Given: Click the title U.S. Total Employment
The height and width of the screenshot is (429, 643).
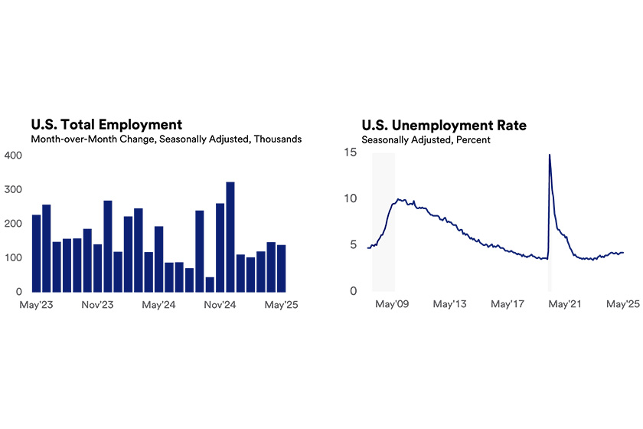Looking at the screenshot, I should pos(106,124).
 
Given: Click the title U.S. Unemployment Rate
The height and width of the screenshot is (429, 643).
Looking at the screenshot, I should pos(444,124).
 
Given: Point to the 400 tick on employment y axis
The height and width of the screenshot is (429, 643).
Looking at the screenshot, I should pos(15,155).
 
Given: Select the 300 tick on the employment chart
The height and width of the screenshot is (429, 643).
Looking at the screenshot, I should pos(15,189).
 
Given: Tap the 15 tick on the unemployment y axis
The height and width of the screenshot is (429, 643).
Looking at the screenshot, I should pos(350,152).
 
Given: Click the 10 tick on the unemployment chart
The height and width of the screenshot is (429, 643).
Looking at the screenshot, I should pos(350,198).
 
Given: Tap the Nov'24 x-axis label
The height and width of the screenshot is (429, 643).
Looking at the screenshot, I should pos(220,304).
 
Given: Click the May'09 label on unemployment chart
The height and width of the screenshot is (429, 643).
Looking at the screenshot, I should pos(392,304).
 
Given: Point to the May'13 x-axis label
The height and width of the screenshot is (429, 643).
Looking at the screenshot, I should pos(450,304).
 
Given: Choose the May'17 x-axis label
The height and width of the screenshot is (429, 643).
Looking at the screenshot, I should pos(508,304).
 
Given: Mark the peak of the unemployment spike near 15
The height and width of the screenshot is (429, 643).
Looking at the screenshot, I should pos(550,156).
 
